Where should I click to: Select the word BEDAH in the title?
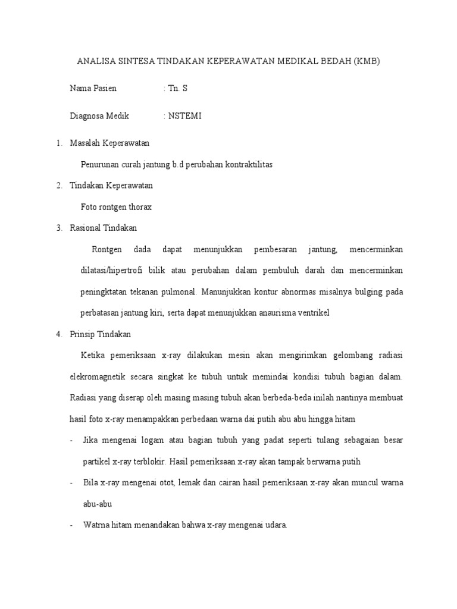click(335, 61)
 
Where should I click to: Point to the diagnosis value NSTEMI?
click(185, 116)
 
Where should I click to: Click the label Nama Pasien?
click(93, 89)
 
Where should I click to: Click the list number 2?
click(59, 186)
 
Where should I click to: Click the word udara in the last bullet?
click(276, 525)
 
